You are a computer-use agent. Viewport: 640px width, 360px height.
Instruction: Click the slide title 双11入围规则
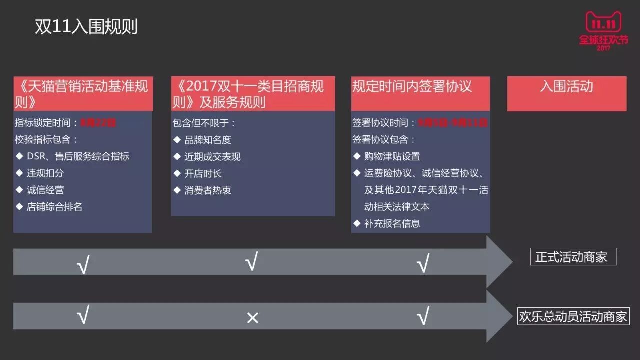click(x=86, y=27)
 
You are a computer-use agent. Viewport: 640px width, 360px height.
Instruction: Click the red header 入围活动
click(x=566, y=87)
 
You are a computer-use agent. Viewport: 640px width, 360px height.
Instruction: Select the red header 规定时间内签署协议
click(x=412, y=87)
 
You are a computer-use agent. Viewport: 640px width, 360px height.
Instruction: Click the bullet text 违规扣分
click(x=45, y=173)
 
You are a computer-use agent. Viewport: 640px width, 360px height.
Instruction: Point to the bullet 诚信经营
click(x=45, y=190)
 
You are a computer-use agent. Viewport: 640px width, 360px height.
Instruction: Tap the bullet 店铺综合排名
click(x=54, y=206)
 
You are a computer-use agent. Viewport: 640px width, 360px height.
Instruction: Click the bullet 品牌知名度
click(x=208, y=140)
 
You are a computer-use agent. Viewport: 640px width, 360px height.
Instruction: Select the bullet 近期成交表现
click(x=212, y=157)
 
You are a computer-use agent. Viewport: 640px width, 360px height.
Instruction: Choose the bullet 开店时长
click(x=203, y=173)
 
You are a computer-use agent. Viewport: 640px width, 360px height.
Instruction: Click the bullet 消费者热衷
click(x=208, y=190)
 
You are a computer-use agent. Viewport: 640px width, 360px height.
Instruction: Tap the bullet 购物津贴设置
click(x=392, y=156)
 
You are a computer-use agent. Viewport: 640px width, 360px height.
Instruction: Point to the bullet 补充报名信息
click(x=392, y=223)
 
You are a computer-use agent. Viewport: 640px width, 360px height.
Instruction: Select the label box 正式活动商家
click(x=573, y=257)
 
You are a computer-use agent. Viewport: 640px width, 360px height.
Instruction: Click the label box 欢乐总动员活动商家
click(x=573, y=317)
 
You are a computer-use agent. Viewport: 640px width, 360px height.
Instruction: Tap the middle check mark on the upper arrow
click(x=251, y=262)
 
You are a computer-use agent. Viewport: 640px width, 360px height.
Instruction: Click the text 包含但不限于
click(x=203, y=123)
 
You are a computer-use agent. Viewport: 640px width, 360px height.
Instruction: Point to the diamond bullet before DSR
click(x=19, y=156)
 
